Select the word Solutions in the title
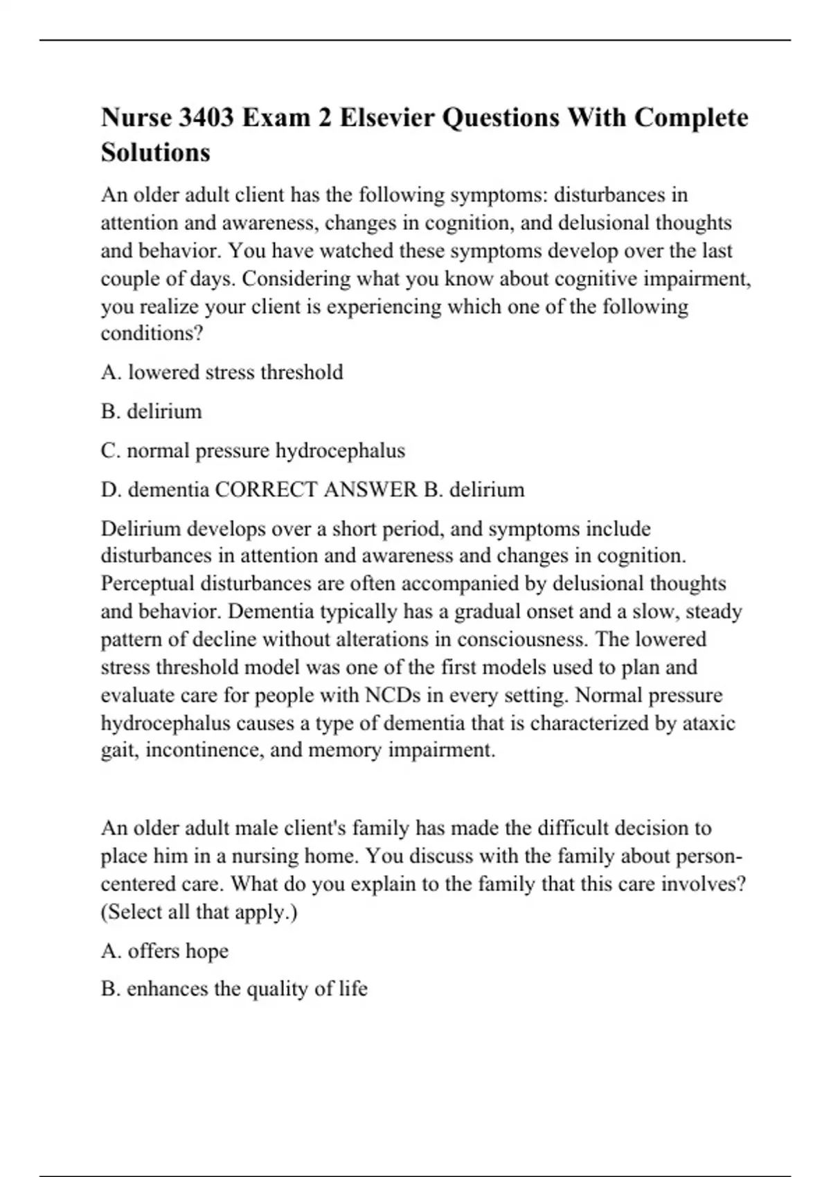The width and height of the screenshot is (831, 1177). coord(155,152)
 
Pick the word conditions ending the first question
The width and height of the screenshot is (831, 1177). coord(152,334)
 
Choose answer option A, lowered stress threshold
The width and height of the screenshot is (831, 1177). coord(222,372)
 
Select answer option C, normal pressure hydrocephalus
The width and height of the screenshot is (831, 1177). coord(253,451)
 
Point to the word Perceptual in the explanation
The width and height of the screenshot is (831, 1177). coord(148,584)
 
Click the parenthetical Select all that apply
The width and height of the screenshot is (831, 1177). coord(199,913)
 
